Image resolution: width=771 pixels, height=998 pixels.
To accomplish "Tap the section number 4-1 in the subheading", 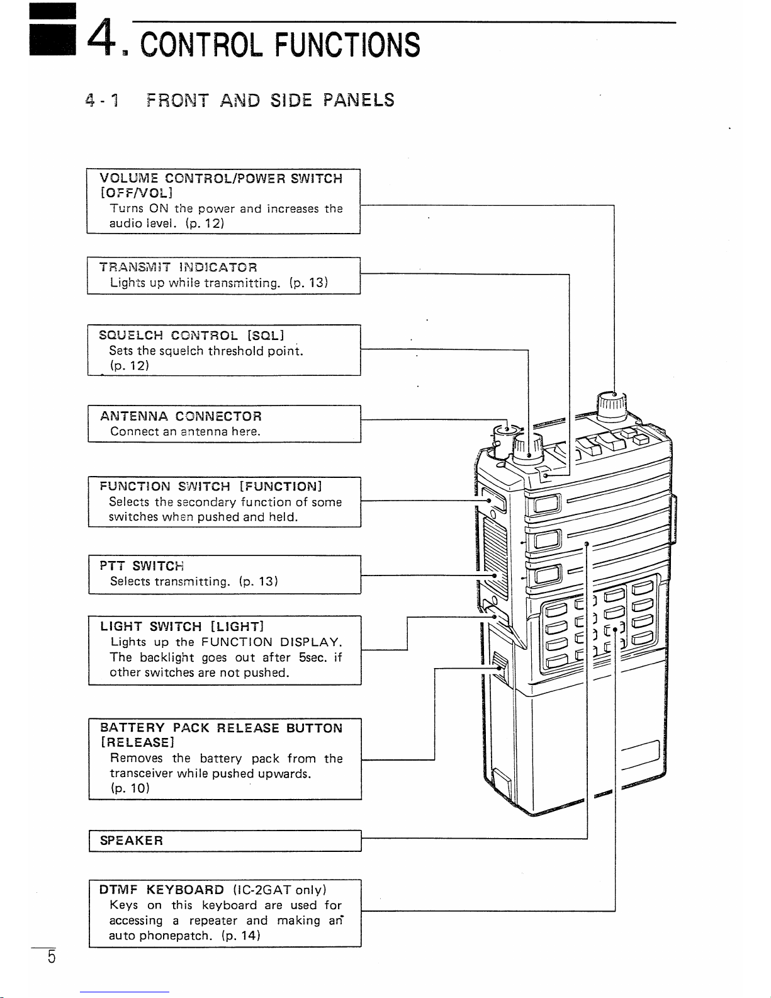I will coord(103,101).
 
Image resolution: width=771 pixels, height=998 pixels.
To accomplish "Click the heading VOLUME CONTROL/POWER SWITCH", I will coord(221,179).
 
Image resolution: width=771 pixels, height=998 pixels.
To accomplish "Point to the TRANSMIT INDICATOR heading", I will coord(178,268).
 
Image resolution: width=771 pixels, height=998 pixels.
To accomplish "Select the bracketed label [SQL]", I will coord(266,335).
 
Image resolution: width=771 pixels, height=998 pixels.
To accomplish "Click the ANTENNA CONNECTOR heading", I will coord(181,416).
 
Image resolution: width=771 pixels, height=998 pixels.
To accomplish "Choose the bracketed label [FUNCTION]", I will coord(281,487).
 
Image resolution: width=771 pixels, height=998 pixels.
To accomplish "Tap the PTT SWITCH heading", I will coord(142,565).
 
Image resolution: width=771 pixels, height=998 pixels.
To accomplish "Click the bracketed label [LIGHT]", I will coord(237,627).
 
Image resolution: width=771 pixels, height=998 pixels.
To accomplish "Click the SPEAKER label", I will coord(132,841).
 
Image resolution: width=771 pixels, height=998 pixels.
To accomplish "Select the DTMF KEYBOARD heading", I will coord(162,890).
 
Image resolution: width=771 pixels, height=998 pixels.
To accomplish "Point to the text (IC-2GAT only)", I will coord(279,890).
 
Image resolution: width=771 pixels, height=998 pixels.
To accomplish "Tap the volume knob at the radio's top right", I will coord(611,405).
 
